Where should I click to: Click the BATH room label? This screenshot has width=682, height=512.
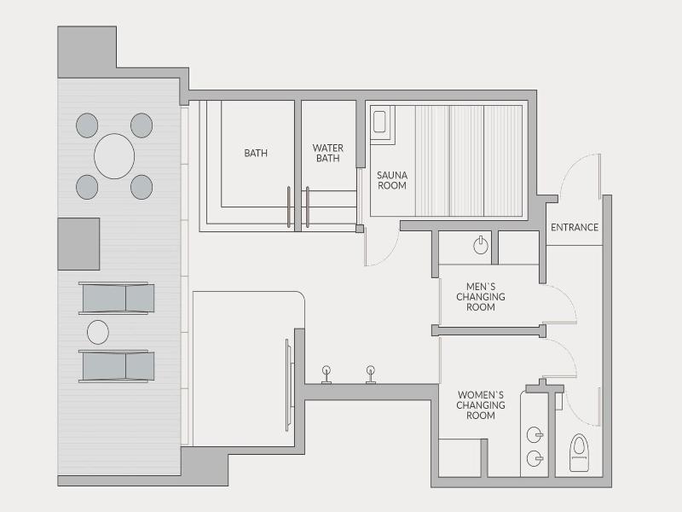[256, 154]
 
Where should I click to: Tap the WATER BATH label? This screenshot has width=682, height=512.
[328, 154]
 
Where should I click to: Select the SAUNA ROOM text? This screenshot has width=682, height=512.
[392, 180]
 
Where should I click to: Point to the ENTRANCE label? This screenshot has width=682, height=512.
[575, 227]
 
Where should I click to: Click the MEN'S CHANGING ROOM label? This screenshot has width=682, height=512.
[481, 297]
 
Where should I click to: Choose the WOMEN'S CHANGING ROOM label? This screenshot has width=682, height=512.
[481, 405]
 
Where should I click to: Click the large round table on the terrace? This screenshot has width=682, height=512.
[114, 156]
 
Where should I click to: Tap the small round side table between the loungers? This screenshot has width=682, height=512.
[98, 332]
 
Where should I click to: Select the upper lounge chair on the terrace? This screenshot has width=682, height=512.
[117, 298]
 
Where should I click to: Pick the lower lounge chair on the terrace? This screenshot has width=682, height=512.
[117, 366]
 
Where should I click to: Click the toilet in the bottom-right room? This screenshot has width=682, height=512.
[580, 453]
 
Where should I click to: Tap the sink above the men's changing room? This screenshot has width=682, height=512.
[481, 246]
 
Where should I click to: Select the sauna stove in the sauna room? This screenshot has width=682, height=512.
[379, 121]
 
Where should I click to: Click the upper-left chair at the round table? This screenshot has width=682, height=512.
[87, 125]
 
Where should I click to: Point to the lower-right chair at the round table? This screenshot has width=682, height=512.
[142, 187]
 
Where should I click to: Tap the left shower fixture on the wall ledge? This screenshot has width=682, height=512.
[327, 375]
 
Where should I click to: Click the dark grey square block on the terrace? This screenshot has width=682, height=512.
[78, 244]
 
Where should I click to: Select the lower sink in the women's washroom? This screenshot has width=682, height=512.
[535, 458]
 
